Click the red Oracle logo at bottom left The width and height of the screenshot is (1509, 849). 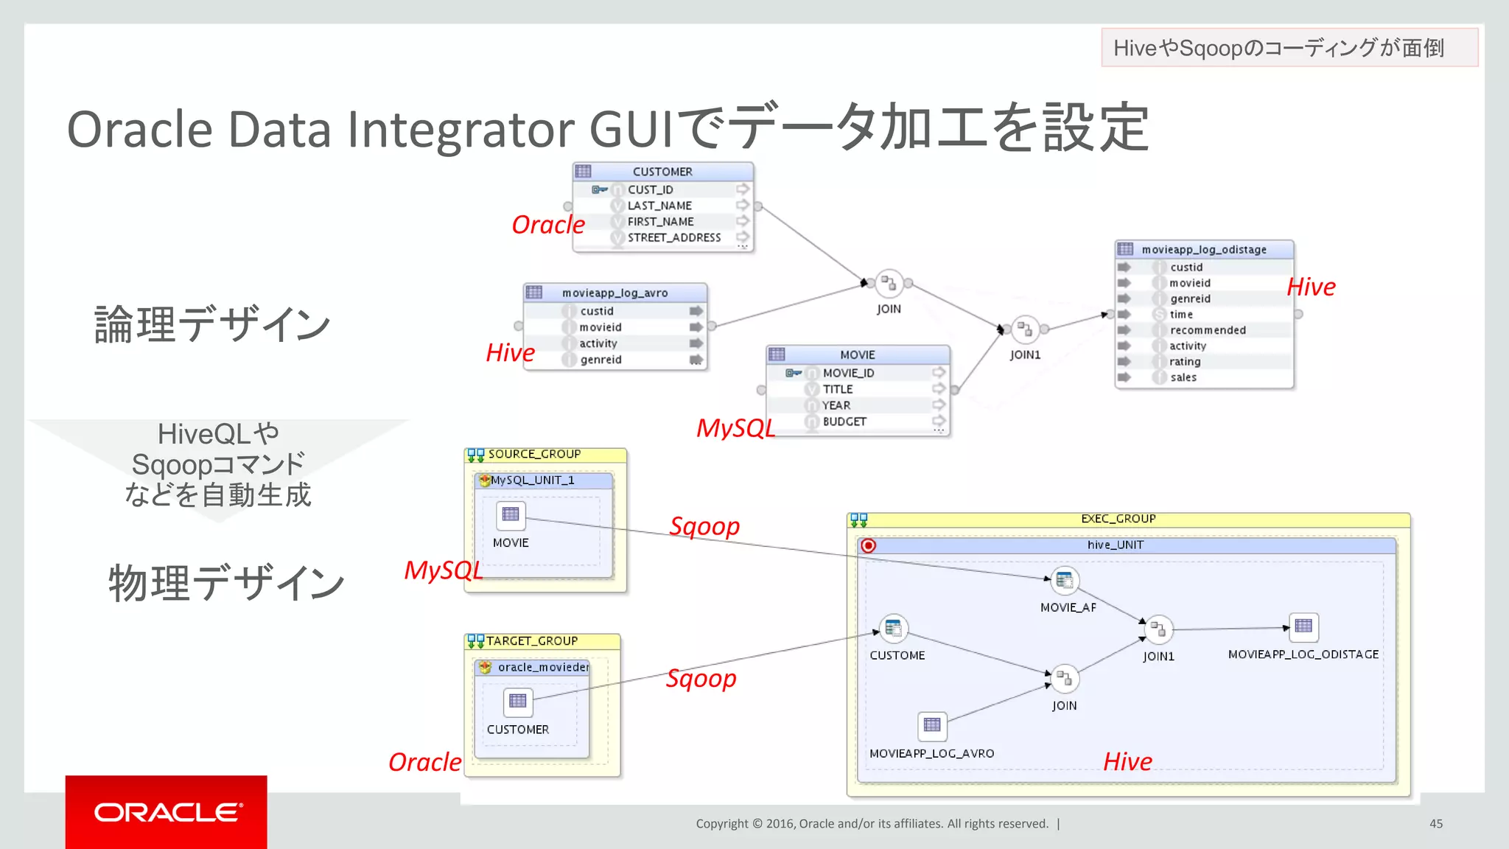coord(167,811)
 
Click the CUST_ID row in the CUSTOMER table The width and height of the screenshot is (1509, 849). coord(650,189)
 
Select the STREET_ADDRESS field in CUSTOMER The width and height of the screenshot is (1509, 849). coord(673,237)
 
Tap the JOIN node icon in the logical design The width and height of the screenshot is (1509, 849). coord(889,283)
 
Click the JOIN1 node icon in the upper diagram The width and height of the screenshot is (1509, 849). coord(1025,329)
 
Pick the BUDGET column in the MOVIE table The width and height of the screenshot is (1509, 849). coord(844,422)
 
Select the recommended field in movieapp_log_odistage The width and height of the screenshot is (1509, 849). coord(1207,330)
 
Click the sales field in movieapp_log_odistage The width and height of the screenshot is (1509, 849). coord(1183,377)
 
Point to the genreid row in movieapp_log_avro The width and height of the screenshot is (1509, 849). coord(601,360)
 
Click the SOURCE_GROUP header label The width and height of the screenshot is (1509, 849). coord(534,454)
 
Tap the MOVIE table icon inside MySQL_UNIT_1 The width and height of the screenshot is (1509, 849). coord(511,514)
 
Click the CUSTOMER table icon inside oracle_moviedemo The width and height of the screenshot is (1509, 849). coord(518,701)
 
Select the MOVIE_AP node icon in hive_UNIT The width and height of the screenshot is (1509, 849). coord(1065,581)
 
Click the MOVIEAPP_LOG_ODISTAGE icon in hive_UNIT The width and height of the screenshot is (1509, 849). coord(1303,626)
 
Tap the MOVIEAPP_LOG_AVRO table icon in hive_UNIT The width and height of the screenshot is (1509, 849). coord(932,725)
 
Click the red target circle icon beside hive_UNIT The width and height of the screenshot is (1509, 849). coord(869,545)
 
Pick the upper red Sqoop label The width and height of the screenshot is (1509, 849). coord(704,526)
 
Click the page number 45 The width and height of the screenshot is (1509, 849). coord(1435,823)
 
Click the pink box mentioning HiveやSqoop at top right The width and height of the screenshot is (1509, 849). coord(1289,48)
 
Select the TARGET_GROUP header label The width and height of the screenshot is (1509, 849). coord(531,641)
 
